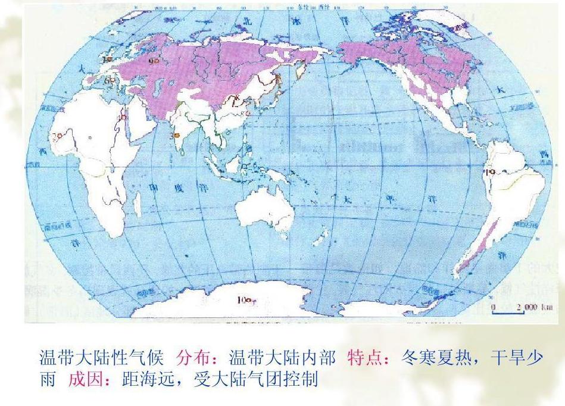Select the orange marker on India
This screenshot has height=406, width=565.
(177, 136)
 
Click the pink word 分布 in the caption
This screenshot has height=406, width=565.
(189, 359)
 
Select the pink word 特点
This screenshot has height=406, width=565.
(360, 359)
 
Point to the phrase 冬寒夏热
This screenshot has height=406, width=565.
(442, 359)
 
